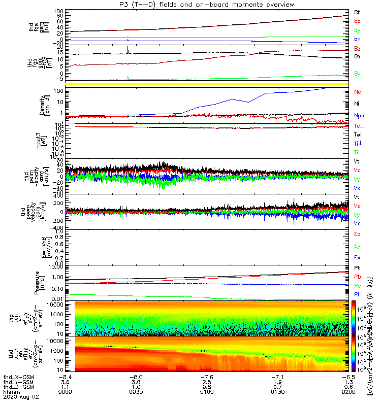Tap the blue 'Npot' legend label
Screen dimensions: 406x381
(x=360, y=115)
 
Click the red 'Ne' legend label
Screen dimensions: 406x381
(x=357, y=92)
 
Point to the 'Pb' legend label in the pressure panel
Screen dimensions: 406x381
(x=357, y=277)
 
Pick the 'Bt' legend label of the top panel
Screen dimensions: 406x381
(x=357, y=12)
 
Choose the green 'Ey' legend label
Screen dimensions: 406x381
(x=357, y=246)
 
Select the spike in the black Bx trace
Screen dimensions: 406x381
(x=128, y=49)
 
